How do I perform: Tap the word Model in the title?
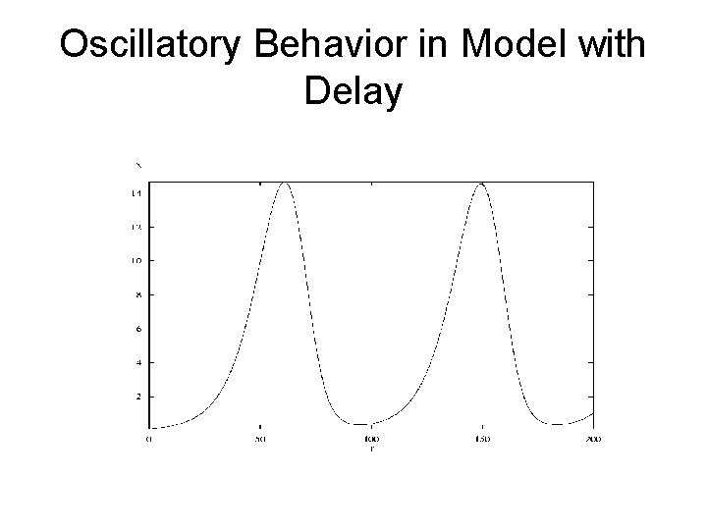click(x=504, y=45)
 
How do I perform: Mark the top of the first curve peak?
click(x=285, y=183)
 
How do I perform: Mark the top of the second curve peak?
click(x=481, y=183)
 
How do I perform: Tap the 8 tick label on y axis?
click(x=136, y=294)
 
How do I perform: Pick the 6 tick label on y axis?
click(x=136, y=329)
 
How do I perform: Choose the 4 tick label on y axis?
click(x=136, y=362)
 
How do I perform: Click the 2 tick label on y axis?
click(x=136, y=397)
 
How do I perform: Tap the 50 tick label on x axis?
click(x=260, y=439)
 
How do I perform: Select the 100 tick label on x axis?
click(x=371, y=439)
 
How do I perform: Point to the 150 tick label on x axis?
click(x=482, y=439)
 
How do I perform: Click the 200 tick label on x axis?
click(x=593, y=439)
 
